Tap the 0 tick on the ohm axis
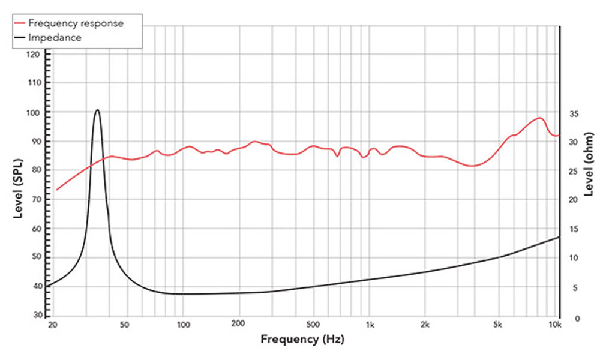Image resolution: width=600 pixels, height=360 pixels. [570, 318]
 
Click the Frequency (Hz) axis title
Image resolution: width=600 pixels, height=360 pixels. [302, 339]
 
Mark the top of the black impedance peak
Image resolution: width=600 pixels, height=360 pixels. [97, 110]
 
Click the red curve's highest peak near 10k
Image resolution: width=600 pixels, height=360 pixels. [539, 118]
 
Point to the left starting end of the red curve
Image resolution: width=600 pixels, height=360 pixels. [56, 190]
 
